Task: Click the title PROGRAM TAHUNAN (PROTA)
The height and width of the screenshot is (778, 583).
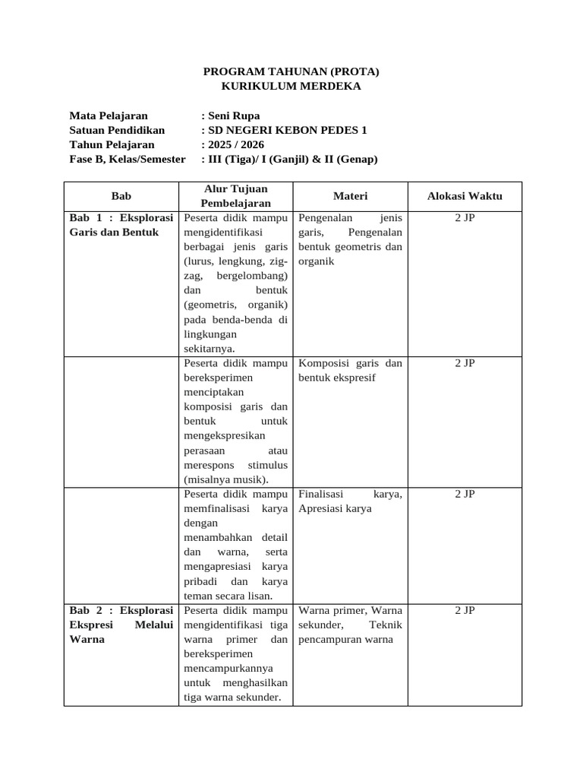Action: (x=291, y=71)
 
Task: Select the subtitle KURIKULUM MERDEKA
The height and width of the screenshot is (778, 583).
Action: (x=291, y=86)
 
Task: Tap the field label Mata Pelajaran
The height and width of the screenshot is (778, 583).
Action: (x=109, y=116)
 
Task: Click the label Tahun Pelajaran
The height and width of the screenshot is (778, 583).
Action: (x=112, y=145)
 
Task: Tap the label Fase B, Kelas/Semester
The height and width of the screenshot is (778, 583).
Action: (x=128, y=160)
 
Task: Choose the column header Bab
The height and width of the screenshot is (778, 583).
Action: (x=121, y=196)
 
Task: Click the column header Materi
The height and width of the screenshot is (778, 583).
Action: (x=350, y=196)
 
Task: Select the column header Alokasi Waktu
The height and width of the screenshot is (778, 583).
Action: (x=465, y=196)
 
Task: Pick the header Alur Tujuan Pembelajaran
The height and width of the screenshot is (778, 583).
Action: (x=236, y=196)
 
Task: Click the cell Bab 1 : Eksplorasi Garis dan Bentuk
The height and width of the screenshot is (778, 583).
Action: (x=121, y=225)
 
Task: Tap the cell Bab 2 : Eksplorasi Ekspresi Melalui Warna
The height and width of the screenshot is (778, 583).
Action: (x=121, y=625)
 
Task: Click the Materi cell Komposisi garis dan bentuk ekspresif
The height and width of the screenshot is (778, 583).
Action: (x=350, y=370)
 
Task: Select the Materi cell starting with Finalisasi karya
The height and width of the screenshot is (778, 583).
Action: (x=350, y=501)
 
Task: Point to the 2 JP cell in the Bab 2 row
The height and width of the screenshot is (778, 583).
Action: (x=465, y=611)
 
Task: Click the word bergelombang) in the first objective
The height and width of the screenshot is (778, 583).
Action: (x=252, y=276)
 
